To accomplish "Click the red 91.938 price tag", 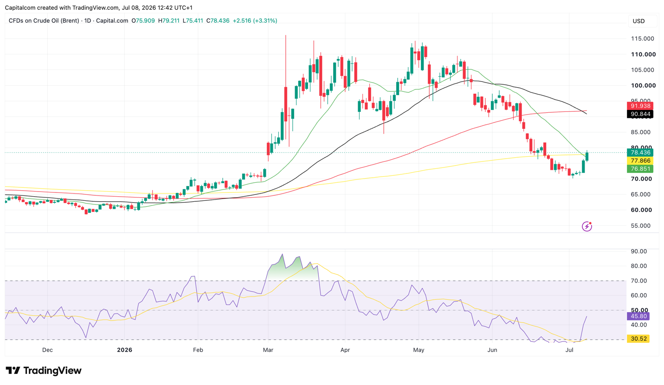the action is coord(640,106).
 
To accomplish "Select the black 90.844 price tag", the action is coord(640,114).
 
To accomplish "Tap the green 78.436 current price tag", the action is coord(640,153).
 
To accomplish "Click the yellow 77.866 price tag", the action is coord(640,160).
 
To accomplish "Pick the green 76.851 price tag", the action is coord(640,169).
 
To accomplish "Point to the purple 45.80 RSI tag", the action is coord(638,316).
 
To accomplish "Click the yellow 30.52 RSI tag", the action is coord(638,339).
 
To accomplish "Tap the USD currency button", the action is coord(638,21).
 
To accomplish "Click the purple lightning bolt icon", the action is coord(587,226).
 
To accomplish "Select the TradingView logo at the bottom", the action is coord(44,371).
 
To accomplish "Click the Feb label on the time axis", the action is coord(198,350).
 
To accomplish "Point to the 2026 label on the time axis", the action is coord(124,350).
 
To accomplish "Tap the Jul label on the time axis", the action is coord(569,350).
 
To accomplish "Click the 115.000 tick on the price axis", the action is coord(642,38).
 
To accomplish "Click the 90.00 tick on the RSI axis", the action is coord(639,251).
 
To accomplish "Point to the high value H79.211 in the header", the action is coord(168,21).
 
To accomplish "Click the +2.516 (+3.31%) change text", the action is coord(255,21).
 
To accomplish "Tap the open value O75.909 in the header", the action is coord(143,21).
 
